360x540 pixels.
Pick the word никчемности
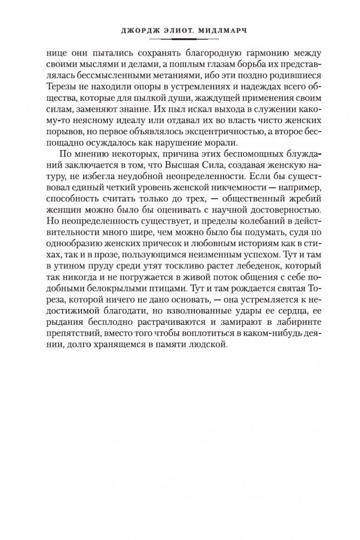(x=226, y=190)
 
